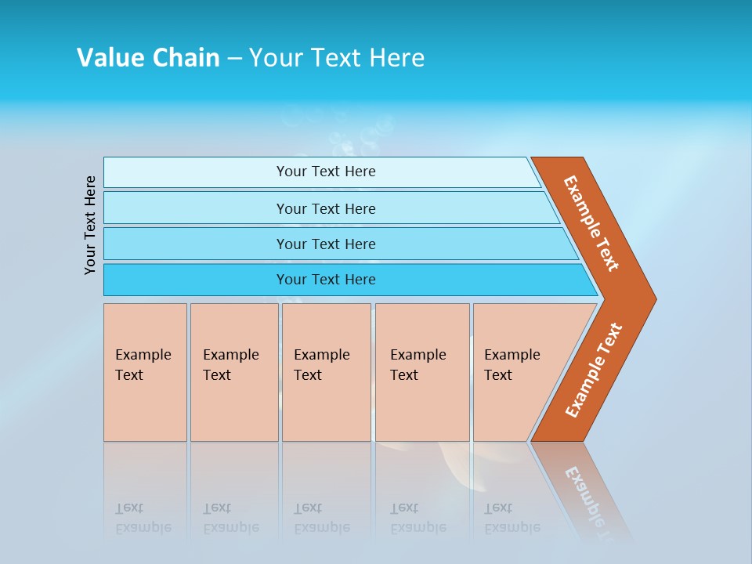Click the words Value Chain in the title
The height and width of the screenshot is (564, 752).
(x=148, y=58)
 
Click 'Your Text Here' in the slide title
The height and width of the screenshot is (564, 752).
(x=337, y=58)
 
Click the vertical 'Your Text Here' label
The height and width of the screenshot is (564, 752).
(x=91, y=225)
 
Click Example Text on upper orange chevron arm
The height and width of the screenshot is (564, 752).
(x=591, y=223)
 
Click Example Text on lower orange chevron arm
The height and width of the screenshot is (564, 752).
(x=594, y=370)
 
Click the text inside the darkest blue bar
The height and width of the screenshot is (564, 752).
(x=326, y=280)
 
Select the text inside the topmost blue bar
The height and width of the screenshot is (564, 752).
(x=326, y=172)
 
